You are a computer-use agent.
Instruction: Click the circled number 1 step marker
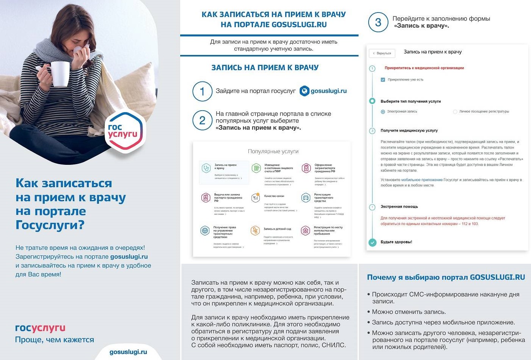point(202,91)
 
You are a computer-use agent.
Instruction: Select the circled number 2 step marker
point(202,121)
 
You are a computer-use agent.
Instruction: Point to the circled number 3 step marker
point(378,22)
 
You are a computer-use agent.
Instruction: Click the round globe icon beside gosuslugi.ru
point(304,91)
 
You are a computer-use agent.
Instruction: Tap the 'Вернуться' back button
point(382,53)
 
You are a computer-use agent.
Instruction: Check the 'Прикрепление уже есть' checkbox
point(383,80)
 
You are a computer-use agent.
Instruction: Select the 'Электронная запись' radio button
point(383,112)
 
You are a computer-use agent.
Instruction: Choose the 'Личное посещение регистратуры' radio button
point(455,112)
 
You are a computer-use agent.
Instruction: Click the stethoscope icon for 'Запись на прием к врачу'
point(206,168)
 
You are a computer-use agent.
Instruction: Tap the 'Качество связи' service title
point(274,196)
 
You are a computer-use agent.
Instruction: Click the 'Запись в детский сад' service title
point(277,229)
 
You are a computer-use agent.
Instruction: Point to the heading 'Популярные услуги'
point(273,151)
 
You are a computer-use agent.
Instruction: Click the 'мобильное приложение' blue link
point(422,180)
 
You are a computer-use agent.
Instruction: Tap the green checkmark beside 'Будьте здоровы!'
point(372,242)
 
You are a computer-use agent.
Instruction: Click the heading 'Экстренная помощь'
point(399,207)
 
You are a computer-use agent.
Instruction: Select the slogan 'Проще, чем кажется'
point(55,340)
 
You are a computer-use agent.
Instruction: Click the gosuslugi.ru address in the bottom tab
point(128,352)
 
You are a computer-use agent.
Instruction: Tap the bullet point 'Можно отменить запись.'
point(408,312)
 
